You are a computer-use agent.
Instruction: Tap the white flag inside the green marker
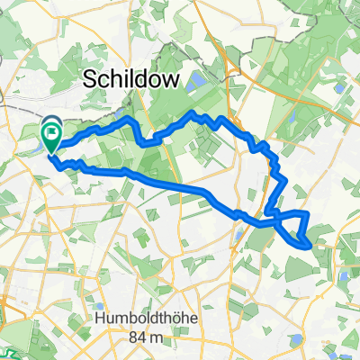coord(51,138)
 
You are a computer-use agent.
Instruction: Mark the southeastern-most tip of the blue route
coord(310,242)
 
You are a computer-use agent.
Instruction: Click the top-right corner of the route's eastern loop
coord(307,212)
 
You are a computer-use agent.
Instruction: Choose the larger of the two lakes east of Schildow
coord(200,81)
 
